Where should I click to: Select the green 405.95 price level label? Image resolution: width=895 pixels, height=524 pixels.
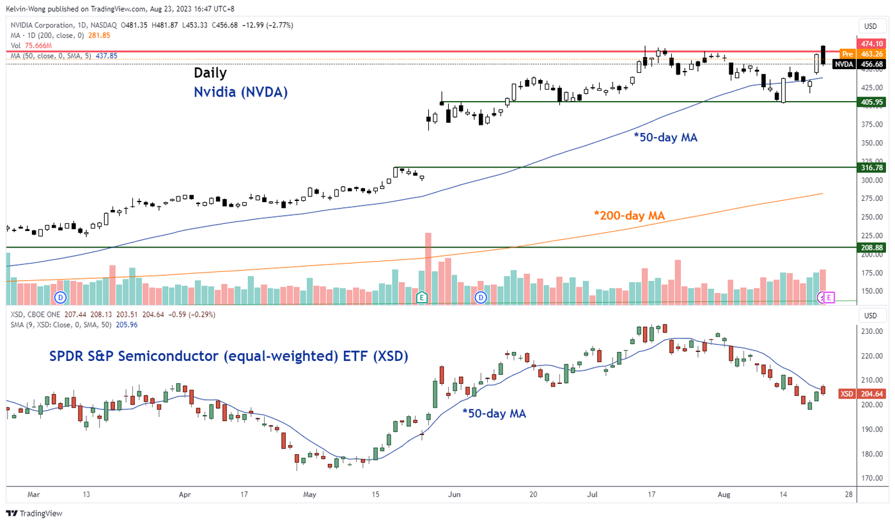pos(872,102)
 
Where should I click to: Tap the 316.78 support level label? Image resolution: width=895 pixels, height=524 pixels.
pos(872,168)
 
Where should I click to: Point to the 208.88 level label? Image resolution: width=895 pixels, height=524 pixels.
pos(872,247)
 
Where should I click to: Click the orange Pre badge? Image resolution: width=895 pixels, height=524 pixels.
pos(847,54)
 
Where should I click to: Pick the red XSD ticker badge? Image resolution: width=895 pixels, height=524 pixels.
pos(846,394)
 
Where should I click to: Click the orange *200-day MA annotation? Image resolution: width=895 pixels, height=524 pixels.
pos(630,216)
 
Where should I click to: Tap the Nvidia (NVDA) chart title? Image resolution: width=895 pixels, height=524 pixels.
pos(240,92)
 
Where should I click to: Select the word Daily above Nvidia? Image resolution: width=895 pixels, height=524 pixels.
pos(210,73)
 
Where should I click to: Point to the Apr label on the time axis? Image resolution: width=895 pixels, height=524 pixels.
pos(185,495)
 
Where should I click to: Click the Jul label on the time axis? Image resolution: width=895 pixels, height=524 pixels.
pos(592,495)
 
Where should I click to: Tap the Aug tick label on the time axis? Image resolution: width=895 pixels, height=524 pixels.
pos(724,495)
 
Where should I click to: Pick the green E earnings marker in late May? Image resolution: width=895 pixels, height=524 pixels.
pos(421,298)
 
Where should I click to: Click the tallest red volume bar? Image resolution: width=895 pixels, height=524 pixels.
pos(428,268)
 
